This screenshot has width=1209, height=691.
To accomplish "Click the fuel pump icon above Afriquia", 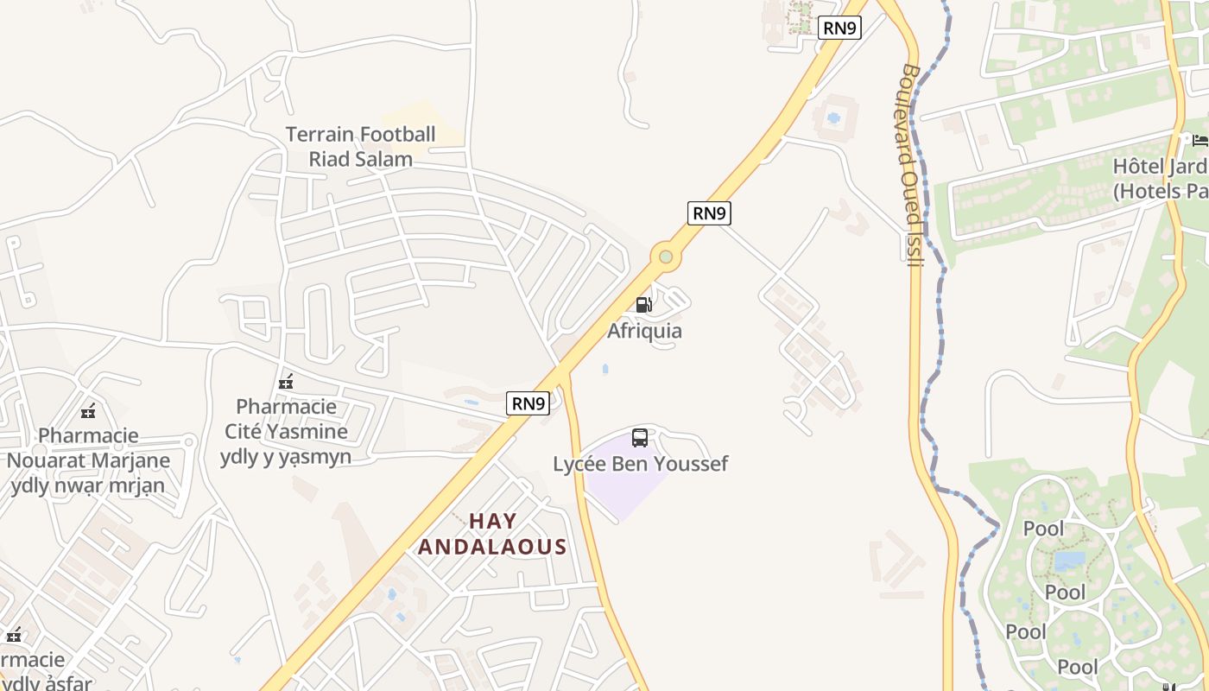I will (643, 304).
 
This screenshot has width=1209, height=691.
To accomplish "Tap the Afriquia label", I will (644, 331).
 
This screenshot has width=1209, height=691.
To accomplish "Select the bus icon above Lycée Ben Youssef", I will (640, 437).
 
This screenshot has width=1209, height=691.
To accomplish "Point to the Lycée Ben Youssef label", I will (641, 464).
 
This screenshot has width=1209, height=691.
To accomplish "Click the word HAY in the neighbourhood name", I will (493, 521).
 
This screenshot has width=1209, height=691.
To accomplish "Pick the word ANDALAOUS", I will (493, 547).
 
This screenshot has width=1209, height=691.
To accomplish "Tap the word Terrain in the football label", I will (320, 134).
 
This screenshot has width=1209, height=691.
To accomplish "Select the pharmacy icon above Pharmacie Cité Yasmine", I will (286, 382).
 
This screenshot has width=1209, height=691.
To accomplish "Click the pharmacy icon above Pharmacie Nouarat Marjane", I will (87, 412).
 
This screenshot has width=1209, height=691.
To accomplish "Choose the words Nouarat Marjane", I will (88, 460).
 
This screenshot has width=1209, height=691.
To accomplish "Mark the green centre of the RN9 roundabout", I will (665, 257).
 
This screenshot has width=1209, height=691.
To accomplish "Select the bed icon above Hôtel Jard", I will (1200, 140).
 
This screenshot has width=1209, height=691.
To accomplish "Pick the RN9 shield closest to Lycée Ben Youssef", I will (528, 403).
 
